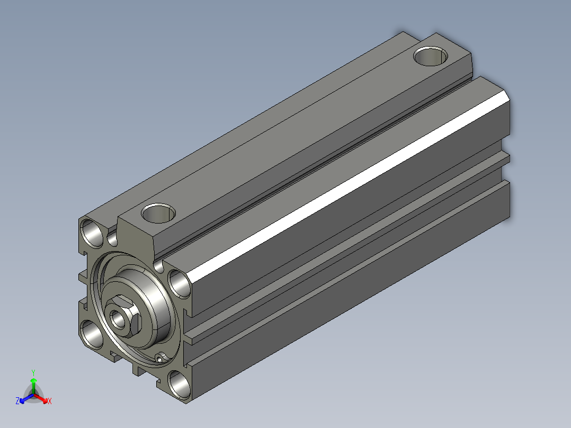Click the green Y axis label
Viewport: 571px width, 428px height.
(x=33, y=372)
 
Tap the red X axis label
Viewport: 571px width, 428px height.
(x=50, y=401)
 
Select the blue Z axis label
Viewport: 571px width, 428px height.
(x=17, y=401)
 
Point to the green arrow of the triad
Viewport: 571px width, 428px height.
(x=33, y=386)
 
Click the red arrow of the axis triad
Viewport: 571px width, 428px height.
(x=41, y=398)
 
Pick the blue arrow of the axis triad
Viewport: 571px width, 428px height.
(x=26, y=398)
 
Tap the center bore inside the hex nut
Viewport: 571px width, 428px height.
(x=118, y=319)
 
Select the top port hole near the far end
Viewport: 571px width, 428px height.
(x=431, y=56)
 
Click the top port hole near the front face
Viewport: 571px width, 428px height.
(x=158, y=213)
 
